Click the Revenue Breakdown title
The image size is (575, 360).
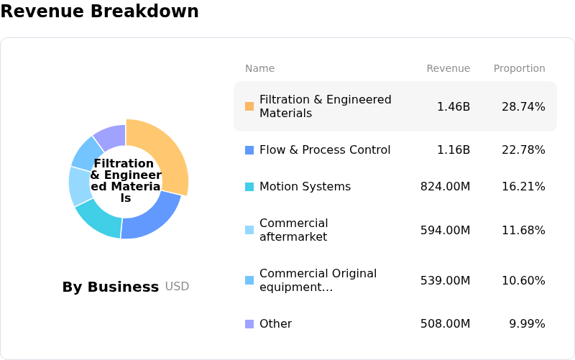(99, 11)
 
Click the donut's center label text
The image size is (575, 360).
(126, 180)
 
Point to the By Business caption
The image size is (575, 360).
(110, 287)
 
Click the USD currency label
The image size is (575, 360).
(177, 287)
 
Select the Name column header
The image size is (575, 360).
(259, 68)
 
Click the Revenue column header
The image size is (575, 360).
(448, 68)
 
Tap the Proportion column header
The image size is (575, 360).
(519, 68)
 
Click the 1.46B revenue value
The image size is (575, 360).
(454, 106)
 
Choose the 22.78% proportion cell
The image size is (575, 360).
(523, 149)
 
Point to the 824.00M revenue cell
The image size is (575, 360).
(446, 187)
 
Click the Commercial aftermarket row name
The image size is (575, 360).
(293, 230)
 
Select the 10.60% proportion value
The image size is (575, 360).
(523, 280)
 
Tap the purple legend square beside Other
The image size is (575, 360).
(249, 324)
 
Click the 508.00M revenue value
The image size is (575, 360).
(446, 324)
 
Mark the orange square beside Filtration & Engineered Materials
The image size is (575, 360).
(249, 106)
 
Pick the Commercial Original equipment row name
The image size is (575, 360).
(318, 280)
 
